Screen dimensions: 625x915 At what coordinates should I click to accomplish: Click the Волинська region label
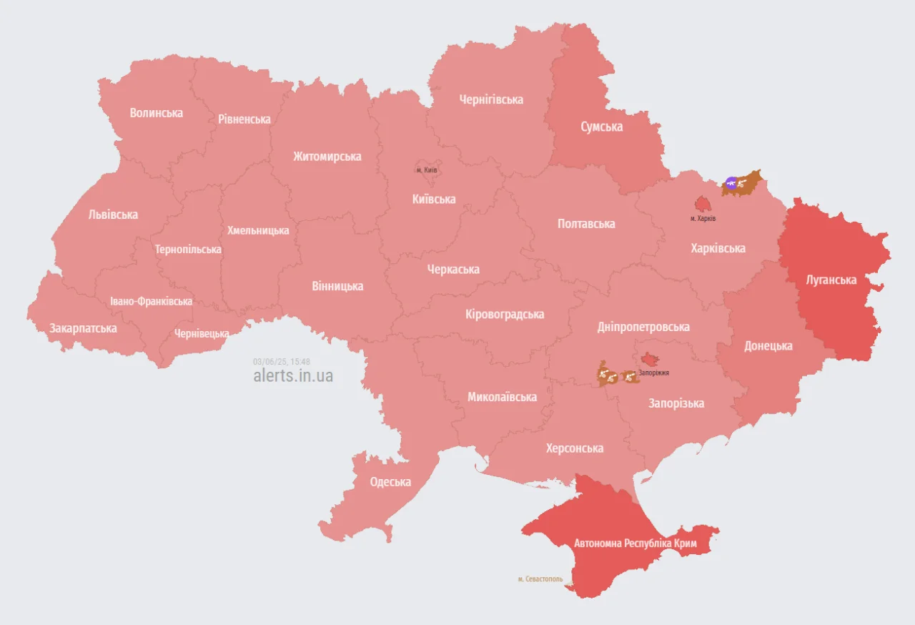(156, 113)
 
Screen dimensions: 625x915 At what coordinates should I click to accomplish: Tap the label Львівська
(113, 215)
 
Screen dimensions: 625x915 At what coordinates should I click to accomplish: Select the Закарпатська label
(83, 328)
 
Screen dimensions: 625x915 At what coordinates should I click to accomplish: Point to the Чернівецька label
(202, 334)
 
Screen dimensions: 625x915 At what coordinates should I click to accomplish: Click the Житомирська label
(327, 157)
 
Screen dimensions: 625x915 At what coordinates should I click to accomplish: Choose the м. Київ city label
(427, 170)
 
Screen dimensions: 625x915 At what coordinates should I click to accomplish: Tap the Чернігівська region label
(490, 99)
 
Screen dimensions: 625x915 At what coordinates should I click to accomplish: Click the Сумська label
(601, 127)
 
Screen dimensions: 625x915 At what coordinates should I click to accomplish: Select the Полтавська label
(586, 224)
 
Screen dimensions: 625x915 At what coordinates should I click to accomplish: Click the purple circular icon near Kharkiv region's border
(731, 182)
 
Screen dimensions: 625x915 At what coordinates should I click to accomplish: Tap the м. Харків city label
(703, 218)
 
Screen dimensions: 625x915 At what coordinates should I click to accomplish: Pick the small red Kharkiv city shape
(702, 204)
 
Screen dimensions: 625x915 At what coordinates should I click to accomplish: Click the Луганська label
(831, 280)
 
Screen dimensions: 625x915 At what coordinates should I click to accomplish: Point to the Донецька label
(768, 346)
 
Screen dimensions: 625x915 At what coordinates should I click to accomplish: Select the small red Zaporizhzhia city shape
(650, 358)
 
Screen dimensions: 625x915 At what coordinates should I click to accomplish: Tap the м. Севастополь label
(540, 579)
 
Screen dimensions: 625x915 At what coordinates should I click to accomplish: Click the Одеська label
(390, 482)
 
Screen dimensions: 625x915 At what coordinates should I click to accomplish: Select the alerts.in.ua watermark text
(292, 375)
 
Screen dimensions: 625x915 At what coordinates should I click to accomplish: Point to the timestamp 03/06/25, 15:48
(281, 361)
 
